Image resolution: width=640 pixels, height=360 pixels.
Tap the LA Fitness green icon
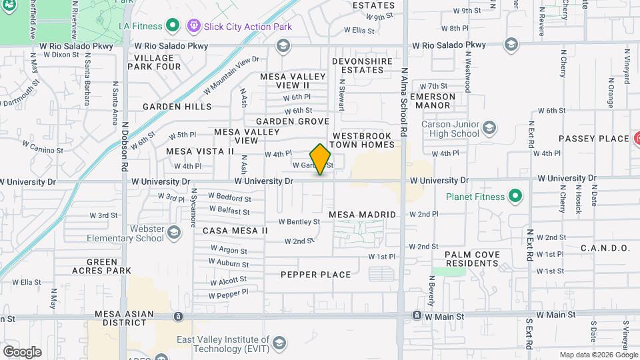click(x=173, y=26)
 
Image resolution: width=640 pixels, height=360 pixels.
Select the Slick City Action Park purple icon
click(x=194, y=26)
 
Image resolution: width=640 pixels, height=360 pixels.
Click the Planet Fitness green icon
click(x=515, y=197)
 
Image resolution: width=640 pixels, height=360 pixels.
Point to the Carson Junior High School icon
click(x=489, y=127)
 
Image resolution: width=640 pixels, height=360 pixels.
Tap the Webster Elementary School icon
click(x=174, y=232)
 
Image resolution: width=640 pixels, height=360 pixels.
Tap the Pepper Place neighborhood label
click(x=315, y=275)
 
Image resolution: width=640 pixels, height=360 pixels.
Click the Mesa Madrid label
click(x=363, y=215)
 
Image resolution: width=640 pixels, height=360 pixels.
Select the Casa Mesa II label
click(x=235, y=230)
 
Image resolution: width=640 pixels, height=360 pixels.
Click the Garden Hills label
click(x=177, y=107)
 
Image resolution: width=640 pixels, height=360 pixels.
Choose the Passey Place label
click(x=594, y=139)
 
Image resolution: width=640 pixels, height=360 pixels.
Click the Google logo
click(x=22, y=351)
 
